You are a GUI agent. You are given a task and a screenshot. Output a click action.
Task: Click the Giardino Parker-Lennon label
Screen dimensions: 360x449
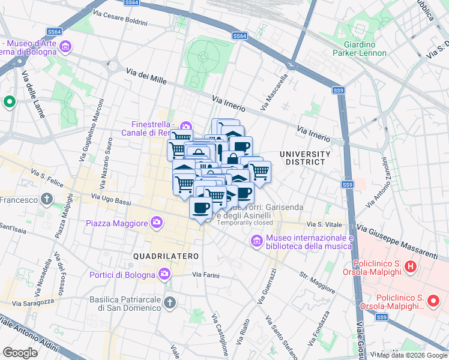(x=360, y=49)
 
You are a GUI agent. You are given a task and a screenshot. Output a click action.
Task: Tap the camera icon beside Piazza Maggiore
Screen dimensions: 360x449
(x=157, y=223)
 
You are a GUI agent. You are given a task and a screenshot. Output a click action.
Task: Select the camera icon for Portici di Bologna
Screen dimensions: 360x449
(x=165, y=274)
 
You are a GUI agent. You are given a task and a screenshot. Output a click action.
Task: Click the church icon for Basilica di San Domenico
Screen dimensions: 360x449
(x=170, y=303)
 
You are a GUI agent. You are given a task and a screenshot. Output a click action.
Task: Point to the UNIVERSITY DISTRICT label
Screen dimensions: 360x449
(x=305, y=158)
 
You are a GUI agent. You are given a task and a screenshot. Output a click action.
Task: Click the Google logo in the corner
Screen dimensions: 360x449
(x=20, y=352)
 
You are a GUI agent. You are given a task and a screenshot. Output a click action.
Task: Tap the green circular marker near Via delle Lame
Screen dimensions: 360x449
(x=10, y=103)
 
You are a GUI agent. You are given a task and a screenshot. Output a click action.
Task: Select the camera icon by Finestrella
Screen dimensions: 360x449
(x=185, y=127)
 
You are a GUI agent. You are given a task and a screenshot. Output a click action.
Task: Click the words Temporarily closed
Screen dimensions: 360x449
(x=245, y=223)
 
